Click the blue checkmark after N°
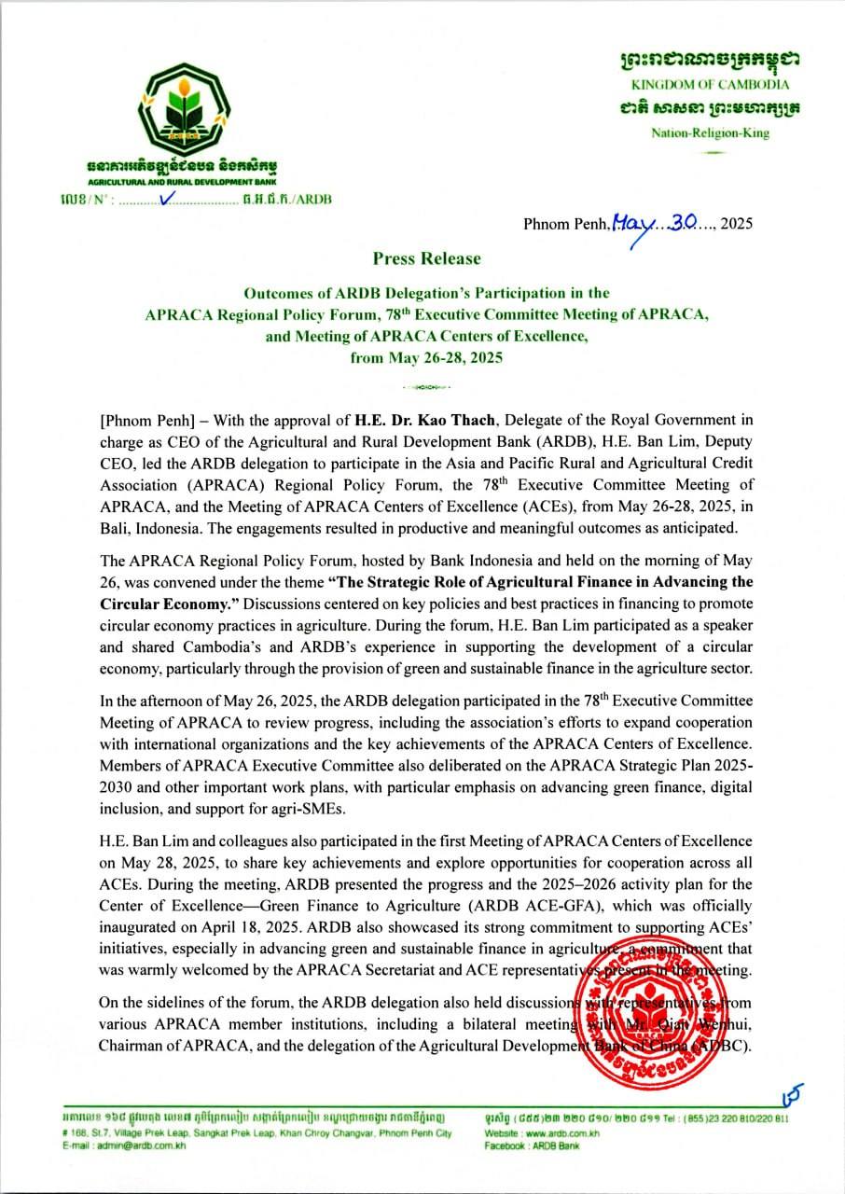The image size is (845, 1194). [x=168, y=197]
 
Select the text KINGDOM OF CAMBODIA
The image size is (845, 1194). [x=711, y=85]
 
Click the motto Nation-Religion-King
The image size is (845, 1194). [x=711, y=132]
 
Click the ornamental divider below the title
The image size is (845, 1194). [x=426, y=385]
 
